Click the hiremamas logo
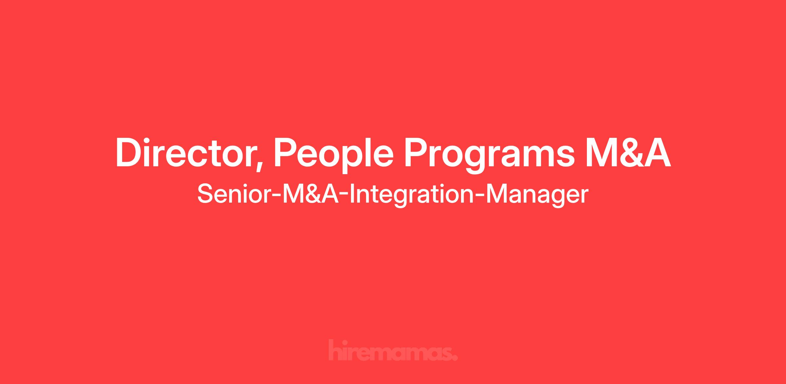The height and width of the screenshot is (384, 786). tap(393, 350)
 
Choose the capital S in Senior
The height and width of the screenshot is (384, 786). tap(205, 194)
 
